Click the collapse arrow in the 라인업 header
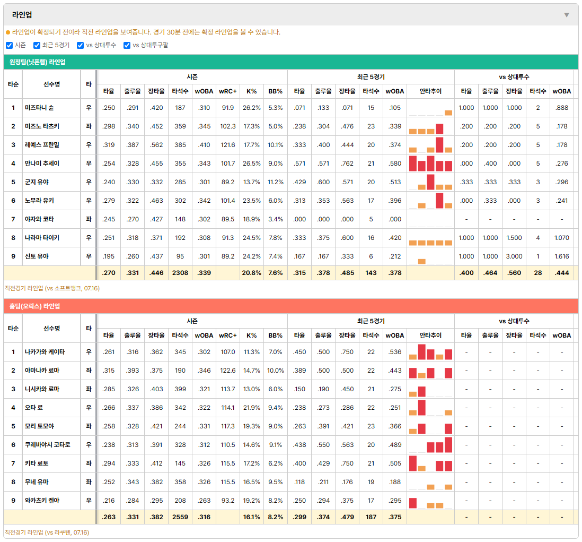pyautogui.click(x=567, y=15)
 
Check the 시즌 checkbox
pyautogui.click(x=10, y=45)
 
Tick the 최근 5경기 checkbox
pyautogui.click(x=37, y=45)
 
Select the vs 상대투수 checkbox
pyautogui.click(x=80, y=45)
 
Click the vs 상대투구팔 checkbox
pyautogui.click(x=127, y=45)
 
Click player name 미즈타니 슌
pyautogui.click(x=39, y=108)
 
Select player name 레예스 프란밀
pyautogui.click(x=42, y=145)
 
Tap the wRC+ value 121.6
pyautogui.click(x=228, y=145)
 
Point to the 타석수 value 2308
pyautogui.click(x=180, y=273)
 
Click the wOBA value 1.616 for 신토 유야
pyautogui.click(x=561, y=256)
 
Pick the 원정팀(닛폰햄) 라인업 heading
pyautogui.click(x=38, y=62)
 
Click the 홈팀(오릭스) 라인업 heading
pyautogui.click(x=34, y=306)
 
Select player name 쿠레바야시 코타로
pyautogui.click(x=48, y=445)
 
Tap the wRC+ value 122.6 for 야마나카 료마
pyautogui.click(x=228, y=371)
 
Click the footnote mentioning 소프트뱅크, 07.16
pyautogui.click(x=52, y=288)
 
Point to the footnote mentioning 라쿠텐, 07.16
pyautogui.click(x=47, y=532)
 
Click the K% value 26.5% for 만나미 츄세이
pyautogui.click(x=252, y=164)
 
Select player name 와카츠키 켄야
pyautogui.click(x=42, y=501)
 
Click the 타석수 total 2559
pyautogui.click(x=180, y=517)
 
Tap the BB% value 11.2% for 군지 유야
pyautogui.click(x=276, y=182)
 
